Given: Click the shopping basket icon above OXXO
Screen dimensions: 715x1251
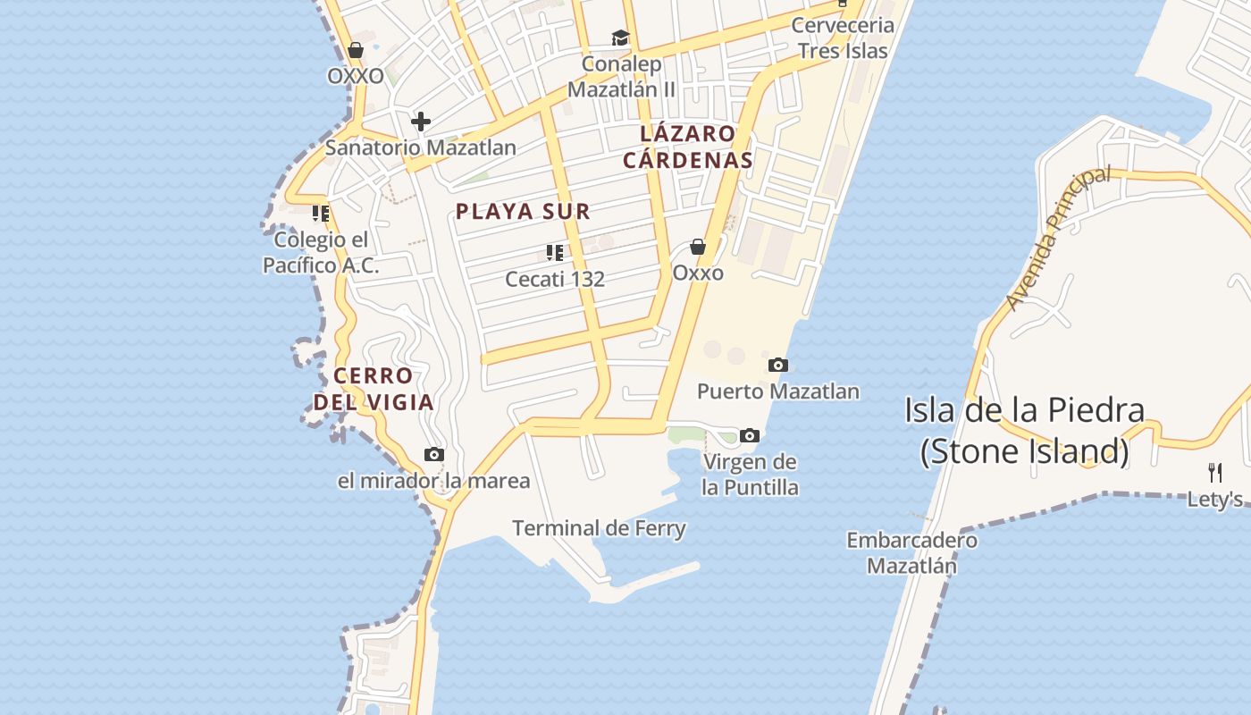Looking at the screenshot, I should [356, 50].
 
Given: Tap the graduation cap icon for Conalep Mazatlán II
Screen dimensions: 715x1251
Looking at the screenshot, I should [620, 38].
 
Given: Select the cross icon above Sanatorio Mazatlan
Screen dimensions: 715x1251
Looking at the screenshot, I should [421, 121].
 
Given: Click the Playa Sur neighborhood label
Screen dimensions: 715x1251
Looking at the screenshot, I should [523, 212].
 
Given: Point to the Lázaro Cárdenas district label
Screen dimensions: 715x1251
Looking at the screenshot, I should [688, 147].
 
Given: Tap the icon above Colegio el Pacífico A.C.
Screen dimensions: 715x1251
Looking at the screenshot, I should [321, 214].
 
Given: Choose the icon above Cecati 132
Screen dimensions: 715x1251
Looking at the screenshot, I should [555, 253].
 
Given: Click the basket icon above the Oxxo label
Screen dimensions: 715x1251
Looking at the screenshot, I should [698, 247].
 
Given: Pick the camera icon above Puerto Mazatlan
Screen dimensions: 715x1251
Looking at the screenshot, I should [778, 365].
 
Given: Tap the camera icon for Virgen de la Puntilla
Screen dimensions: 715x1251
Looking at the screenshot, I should [750, 436].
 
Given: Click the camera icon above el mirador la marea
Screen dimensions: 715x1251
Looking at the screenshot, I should [434, 455].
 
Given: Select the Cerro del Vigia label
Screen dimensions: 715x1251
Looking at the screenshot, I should [374, 389].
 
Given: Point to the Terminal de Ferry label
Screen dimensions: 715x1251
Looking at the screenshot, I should [599, 528].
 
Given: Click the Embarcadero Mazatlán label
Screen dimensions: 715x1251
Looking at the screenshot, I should [912, 553].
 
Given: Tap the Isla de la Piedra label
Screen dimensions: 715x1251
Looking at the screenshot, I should [1024, 431].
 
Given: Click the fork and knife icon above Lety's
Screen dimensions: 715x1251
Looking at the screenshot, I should [1215, 473].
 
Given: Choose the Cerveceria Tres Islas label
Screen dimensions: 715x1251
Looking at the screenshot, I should [843, 38].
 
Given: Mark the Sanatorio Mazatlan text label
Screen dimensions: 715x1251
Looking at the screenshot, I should [420, 147].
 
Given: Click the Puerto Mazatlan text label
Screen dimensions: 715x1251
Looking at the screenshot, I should [778, 391].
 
